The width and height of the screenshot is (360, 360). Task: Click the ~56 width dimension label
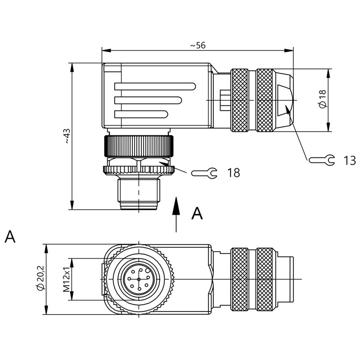(198, 45)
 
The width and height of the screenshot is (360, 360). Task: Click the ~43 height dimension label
(67, 136)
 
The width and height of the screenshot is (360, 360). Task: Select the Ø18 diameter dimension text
(322, 99)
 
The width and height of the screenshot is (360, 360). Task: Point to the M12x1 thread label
(66, 279)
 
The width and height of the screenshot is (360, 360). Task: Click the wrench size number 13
(349, 160)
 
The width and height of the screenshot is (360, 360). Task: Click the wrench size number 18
(233, 172)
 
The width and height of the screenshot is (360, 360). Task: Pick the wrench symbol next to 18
(205, 172)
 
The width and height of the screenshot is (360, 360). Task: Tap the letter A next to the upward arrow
(197, 213)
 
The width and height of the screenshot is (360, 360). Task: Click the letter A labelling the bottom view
(10, 237)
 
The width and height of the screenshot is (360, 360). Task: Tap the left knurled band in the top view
(239, 99)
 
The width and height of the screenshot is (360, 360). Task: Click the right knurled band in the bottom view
(265, 279)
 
